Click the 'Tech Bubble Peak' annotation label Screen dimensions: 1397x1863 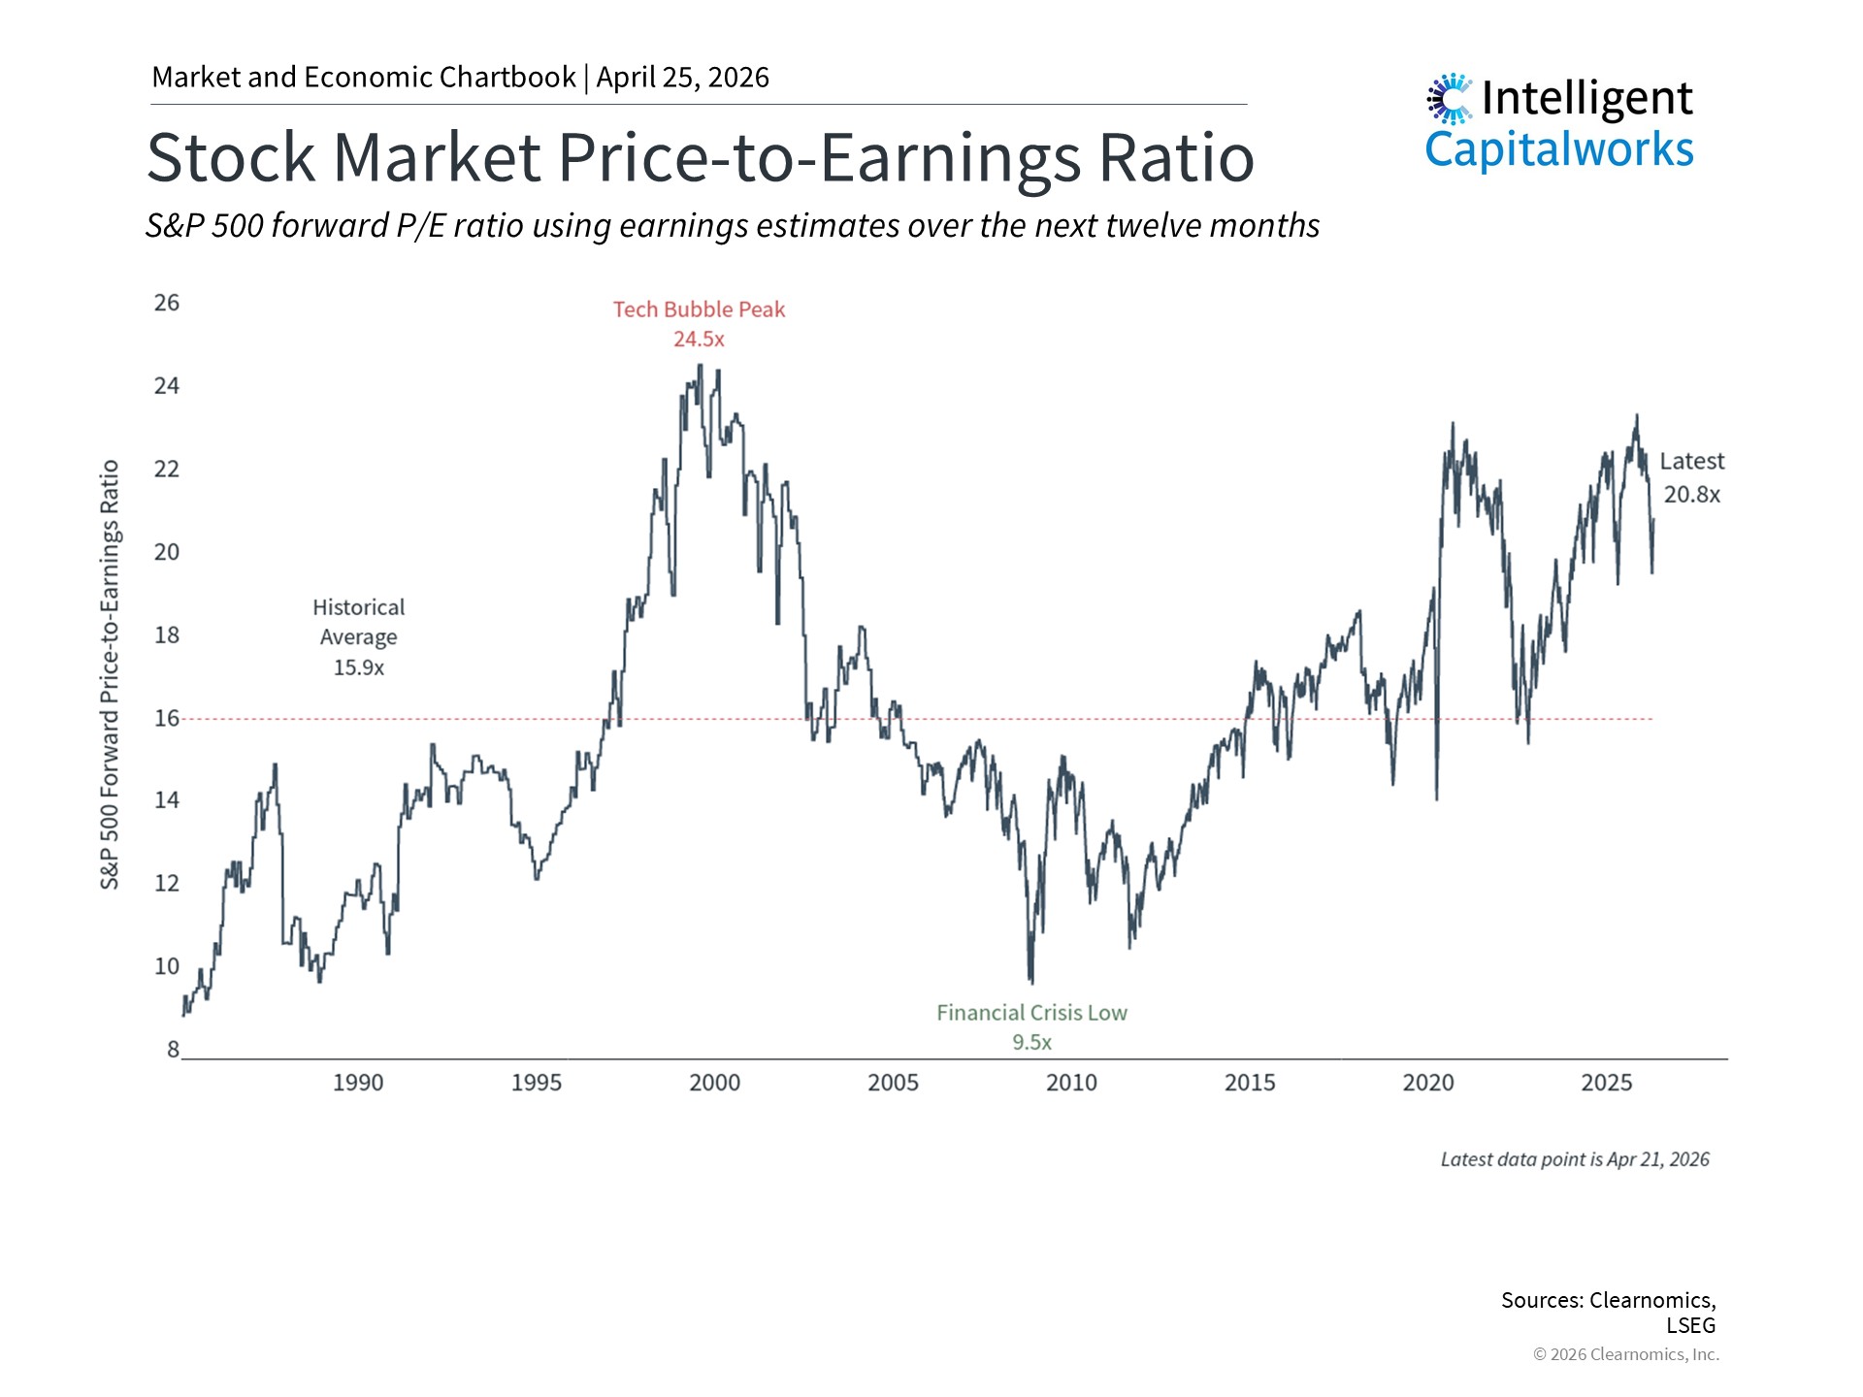point(699,309)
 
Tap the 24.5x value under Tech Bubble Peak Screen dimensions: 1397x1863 point(699,340)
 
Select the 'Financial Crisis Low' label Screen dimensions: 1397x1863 point(1031,1013)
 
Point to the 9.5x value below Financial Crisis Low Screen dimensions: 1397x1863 point(1031,1042)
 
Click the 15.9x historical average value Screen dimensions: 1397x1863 point(358,667)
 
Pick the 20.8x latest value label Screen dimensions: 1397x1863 point(1691,495)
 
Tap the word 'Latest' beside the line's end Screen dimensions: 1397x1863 point(1691,462)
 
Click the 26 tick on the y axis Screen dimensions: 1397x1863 point(167,303)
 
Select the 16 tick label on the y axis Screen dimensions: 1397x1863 point(167,718)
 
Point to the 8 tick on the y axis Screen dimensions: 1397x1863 point(173,1049)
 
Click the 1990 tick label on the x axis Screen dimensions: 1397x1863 point(358,1083)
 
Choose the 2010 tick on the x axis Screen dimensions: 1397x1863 point(1071,1083)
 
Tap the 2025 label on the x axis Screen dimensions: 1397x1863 point(1606,1083)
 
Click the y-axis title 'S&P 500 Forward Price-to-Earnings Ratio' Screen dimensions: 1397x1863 point(110,674)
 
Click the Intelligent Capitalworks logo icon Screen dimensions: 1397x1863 point(1450,99)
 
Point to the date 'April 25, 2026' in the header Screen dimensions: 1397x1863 point(682,78)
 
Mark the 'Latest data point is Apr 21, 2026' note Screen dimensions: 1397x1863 point(1574,1159)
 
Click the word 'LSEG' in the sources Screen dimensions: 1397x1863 point(1690,1325)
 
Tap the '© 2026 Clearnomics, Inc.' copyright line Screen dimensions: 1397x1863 point(1625,1354)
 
